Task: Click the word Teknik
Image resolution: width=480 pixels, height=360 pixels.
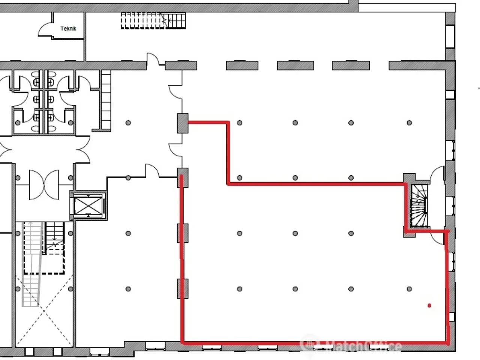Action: [x=68, y=28]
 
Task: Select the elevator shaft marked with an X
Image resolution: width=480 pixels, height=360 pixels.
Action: [x=88, y=205]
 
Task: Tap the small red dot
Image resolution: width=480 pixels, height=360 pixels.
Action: [x=429, y=305]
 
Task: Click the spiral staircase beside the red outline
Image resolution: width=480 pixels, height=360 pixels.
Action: [x=419, y=206]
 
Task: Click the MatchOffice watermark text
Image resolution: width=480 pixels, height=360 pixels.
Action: [x=351, y=346]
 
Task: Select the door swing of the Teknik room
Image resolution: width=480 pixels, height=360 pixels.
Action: [x=45, y=30]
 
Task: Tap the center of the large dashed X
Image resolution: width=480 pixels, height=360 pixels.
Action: [x=44, y=310]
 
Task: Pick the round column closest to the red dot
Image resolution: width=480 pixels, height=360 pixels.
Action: [x=409, y=289]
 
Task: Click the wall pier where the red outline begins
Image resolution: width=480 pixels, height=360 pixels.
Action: [x=183, y=123]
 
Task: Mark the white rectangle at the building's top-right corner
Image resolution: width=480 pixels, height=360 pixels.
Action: [x=407, y=7]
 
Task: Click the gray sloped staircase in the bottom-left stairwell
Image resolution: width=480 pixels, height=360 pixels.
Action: [x=32, y=264]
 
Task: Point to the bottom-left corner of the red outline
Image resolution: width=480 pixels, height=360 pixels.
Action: [x=182, y=343]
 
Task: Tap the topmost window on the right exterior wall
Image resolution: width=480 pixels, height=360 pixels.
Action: [x=450, y=36]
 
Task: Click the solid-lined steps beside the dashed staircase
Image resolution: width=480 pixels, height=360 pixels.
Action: [x=176, y=21]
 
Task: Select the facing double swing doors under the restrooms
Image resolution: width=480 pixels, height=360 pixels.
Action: [x=44, y=185]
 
